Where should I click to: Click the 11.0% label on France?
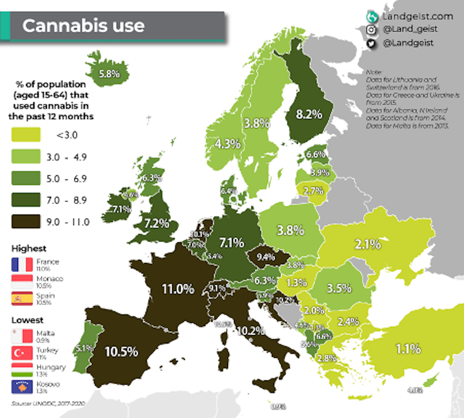pyautogui.click(x=178, y=289)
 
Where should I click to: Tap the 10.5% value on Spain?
pyautogui.click(x=121, y=352)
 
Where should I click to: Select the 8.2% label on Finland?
pyautogui.click(x=309, y=114)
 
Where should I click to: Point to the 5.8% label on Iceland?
pyautogui.click(x=109, y=74)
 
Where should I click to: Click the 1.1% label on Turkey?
pyautogui.click(x=408, y=348)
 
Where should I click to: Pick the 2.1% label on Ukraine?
pyautogui.click(x=367, y=244)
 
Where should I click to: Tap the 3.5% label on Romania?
pyautogui.click(x=339, y=288)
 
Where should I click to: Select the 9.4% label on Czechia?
pyautogui.click(x=266, y=257)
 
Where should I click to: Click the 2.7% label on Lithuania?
pyautogui.click(x=313, y=191)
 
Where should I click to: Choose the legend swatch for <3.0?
pyautogui.click(x=26, y=135)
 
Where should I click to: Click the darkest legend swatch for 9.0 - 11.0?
pyautogui.click(x=26, y=221)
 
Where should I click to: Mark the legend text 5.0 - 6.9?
pyautogui.click(x=66, y=179)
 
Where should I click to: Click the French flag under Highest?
pyautogui.click(x=22, y=264)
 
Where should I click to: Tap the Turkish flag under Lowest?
pyautogui.click(x=22, y=353)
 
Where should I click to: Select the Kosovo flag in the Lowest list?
pyautogui.click(x=22, y=387)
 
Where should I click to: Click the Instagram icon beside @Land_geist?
pyautogui.click(x=371, y=29)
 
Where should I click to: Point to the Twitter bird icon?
pyautogui.click(x=371, y=43)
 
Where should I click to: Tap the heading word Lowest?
pyautogui.click(x=27, y=320)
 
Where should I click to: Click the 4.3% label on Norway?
pyautogui.click(x=227, y=144)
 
